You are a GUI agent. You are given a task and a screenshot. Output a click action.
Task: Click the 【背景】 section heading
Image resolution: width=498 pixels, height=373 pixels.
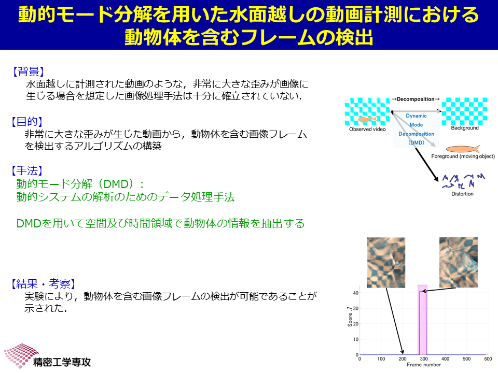28,71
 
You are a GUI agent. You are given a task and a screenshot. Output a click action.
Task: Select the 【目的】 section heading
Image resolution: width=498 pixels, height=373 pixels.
27,121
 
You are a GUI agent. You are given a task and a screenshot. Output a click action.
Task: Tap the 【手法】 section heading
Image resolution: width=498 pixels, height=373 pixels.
27,170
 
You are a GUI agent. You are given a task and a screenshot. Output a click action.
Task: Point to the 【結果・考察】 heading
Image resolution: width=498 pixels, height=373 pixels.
44,283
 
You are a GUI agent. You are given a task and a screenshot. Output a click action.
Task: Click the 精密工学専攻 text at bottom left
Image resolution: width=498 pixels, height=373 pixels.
62,362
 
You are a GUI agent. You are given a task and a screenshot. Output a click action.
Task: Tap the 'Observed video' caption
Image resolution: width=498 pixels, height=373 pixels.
367,130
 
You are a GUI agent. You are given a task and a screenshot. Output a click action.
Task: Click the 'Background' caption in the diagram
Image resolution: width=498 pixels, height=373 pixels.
465,128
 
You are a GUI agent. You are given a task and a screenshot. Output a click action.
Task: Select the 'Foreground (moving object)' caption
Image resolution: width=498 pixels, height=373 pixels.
463,156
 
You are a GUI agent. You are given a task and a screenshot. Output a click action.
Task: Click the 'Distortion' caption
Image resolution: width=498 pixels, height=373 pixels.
462,194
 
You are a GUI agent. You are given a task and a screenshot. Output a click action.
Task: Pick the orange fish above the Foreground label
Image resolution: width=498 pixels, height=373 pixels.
463,149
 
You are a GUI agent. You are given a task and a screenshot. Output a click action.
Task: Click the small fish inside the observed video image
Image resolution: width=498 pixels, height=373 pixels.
367,119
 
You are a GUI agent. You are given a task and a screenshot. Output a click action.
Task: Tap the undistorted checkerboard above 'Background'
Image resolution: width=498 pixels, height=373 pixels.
464,111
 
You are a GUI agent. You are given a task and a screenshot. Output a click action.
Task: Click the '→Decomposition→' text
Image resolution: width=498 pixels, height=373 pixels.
416,99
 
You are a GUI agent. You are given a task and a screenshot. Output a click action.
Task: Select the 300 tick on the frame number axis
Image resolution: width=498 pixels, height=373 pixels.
424,359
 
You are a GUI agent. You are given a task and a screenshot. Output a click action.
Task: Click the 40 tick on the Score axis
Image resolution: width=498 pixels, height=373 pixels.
356,293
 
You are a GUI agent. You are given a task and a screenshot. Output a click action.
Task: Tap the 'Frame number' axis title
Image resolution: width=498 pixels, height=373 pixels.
424,365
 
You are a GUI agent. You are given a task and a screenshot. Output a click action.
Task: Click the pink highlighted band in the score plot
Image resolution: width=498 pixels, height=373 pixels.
422,320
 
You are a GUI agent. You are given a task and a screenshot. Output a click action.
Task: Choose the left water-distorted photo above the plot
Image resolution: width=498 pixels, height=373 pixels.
386,263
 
